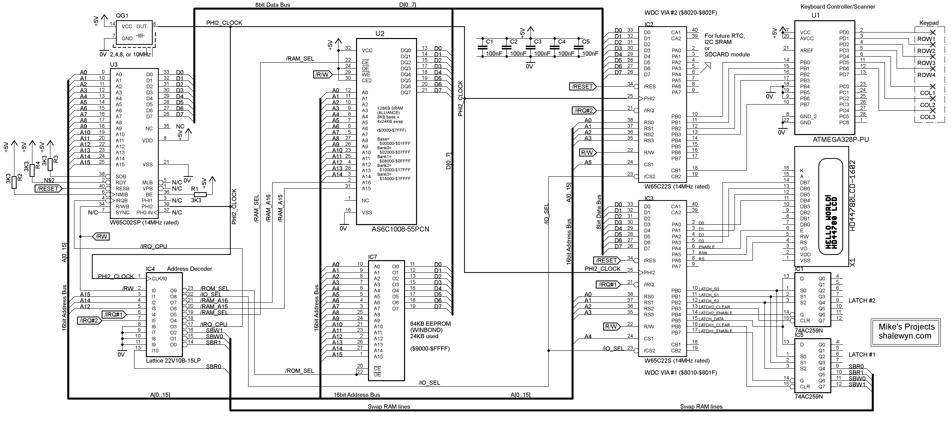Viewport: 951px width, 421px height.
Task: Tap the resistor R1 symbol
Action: point(200,194)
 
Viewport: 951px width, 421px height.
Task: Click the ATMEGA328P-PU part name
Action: point(841,139)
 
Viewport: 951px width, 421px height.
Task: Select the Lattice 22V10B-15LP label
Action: point(173,361)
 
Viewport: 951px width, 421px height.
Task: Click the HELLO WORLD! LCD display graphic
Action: point(831,207)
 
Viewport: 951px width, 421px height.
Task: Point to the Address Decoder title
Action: point(189,269)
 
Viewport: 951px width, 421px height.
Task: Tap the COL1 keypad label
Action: point(927,93)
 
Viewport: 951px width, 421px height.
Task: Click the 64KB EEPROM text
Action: point(430,324)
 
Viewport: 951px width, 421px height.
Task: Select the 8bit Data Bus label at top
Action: point(272,5)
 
